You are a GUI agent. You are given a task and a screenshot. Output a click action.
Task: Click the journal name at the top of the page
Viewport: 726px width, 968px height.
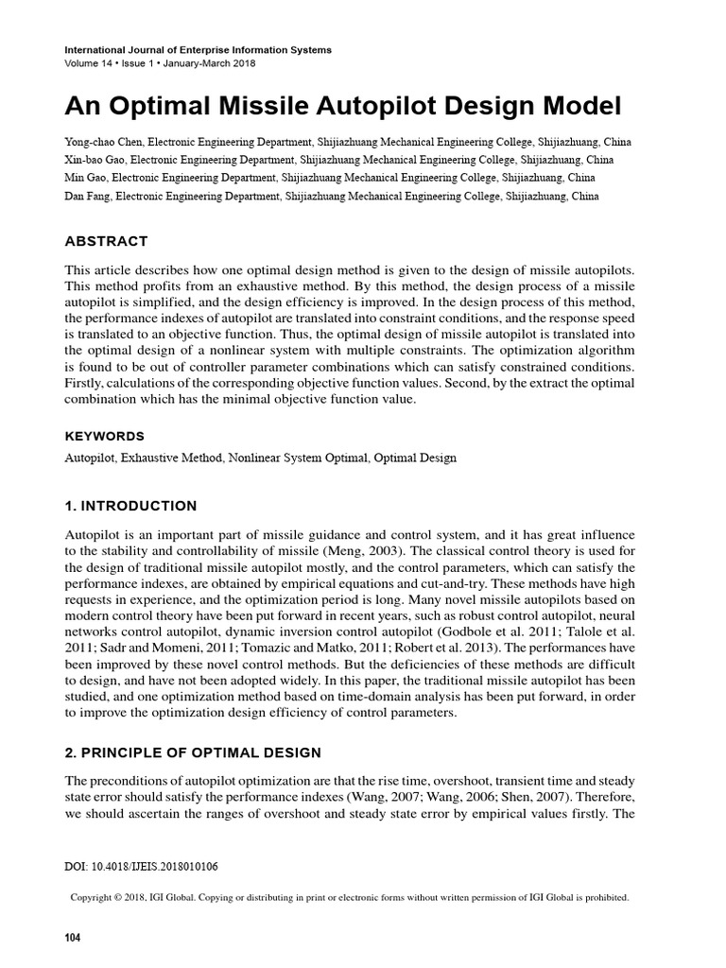(x=198, y=49)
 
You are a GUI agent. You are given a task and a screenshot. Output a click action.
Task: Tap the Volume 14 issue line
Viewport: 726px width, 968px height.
(x=159, y=63)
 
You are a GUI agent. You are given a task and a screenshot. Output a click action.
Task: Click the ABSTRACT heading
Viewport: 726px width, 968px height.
(x=106, y=242)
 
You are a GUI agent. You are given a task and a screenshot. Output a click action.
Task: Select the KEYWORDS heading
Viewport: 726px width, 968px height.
(x=104, y=436)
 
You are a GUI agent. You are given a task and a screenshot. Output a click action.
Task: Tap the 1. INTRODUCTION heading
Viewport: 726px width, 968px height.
(x=130, y=506)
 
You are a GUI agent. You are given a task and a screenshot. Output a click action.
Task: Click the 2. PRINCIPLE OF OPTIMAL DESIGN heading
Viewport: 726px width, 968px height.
(x=193, y=752)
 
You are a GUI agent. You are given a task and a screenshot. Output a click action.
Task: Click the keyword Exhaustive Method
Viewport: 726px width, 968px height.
(x=166, y=458)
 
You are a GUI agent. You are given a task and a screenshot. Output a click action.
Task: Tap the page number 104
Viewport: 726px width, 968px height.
(x=73, y=938)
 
